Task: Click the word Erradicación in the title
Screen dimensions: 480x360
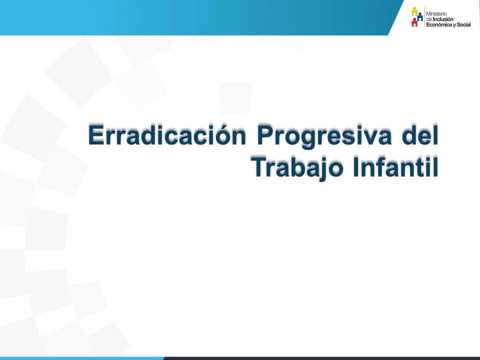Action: (167, 134)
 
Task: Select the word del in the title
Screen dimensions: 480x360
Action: (420, 134)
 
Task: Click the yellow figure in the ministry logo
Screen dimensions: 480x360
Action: (414, 11)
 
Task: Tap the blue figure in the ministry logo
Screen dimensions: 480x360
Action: (419, 16)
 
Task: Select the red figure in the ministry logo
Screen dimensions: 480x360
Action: (414, 22)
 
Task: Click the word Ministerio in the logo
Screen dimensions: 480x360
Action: (436, 14)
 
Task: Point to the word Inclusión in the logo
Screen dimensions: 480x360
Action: (443, 19)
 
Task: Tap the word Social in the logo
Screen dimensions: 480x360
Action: (464, 25)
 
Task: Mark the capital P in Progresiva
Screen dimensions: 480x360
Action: (265, 134)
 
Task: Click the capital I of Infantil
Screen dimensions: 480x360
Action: (355, 166)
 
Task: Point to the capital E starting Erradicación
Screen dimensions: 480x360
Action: (96, 134)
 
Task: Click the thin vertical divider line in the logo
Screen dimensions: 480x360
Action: (424, 17)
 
